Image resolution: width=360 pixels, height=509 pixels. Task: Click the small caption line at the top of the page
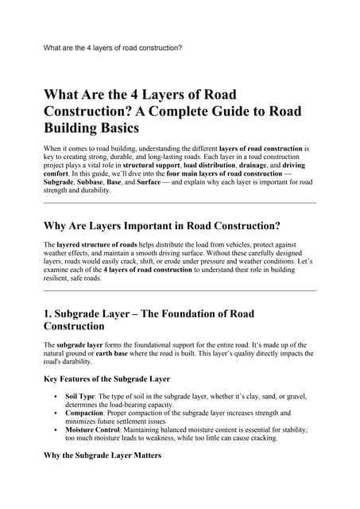[112, 48]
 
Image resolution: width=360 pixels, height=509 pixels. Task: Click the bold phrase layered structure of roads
[94, 244]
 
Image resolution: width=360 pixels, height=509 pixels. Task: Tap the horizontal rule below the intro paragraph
[180, 203]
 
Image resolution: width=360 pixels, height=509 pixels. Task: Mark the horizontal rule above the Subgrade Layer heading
[180, 290]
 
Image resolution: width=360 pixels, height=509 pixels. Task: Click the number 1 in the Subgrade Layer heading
[47, 311]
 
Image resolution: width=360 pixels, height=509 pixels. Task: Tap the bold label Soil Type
[82, 395]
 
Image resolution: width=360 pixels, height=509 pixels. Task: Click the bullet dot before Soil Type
[54, 396]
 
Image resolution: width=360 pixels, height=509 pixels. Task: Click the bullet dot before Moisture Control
[54, 430]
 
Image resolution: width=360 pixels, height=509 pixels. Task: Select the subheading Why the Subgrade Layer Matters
[103, 456]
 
